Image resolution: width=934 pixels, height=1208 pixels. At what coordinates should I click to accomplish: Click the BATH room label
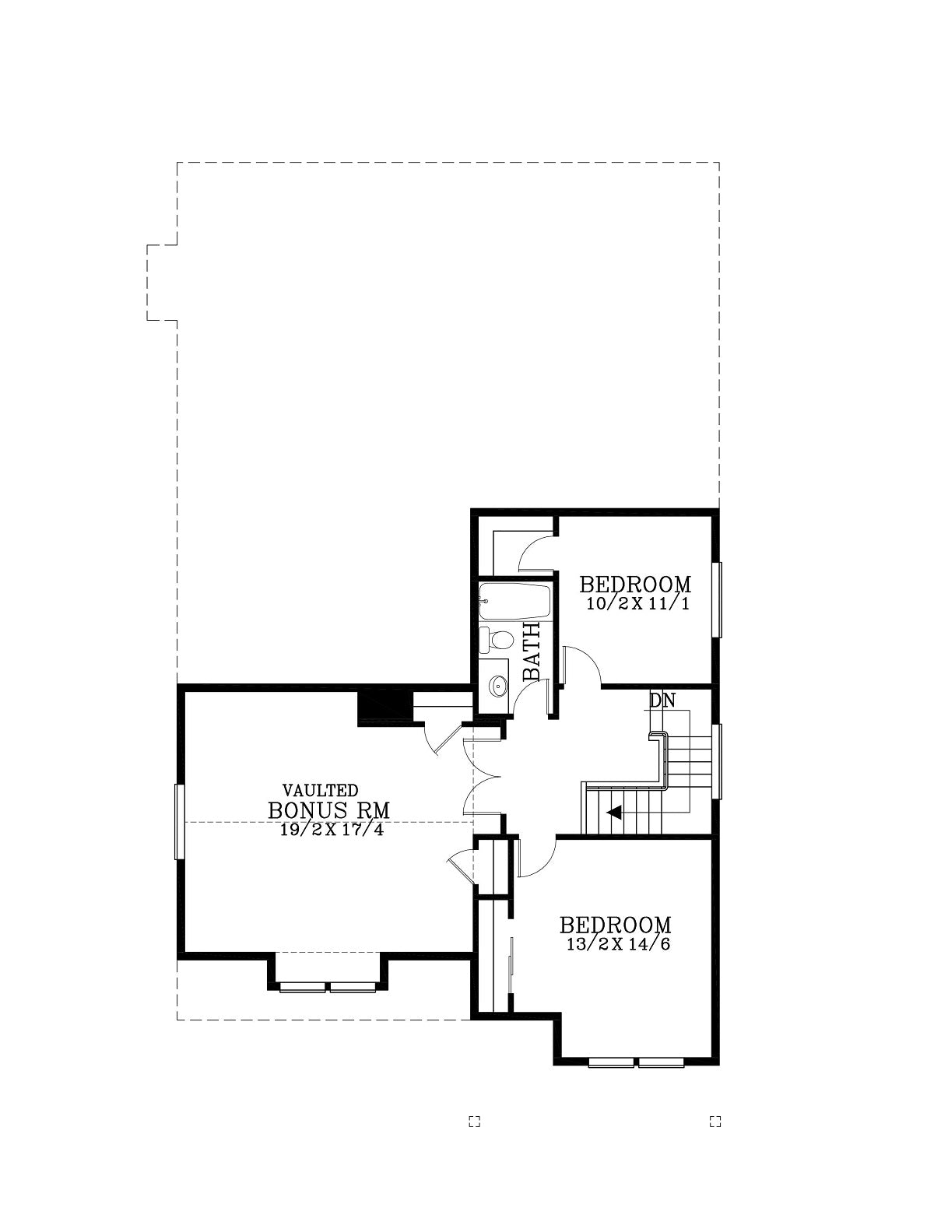[x=531, y=651]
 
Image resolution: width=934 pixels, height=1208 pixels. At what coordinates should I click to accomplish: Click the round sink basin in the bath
[x=497, y=686]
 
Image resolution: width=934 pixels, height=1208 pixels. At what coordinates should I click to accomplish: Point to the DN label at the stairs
[x=662, y=701]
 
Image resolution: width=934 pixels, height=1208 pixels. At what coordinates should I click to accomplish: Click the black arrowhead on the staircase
[x=613, y=813]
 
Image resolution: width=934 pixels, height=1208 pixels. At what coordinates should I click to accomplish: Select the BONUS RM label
[x=329, y=810]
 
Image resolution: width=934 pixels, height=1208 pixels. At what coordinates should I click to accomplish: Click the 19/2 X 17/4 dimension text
[x=332, y=830]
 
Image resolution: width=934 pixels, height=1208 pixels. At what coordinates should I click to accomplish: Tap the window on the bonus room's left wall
[x=180, y=822]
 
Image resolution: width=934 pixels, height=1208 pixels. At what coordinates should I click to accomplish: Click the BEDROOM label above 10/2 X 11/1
[x=636, y=585]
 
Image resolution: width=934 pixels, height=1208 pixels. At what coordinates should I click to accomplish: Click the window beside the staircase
[x=718, y=761]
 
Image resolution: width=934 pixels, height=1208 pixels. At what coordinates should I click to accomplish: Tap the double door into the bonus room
[x=483, y=777]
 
